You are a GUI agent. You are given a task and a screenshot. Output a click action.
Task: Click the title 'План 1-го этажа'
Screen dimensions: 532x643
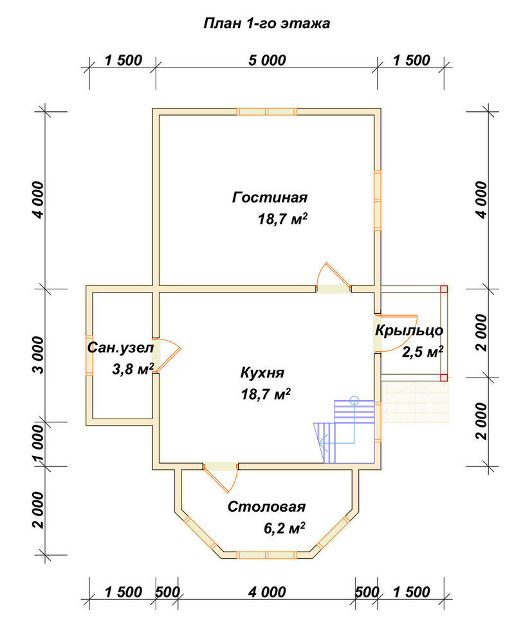[x=266, y=23]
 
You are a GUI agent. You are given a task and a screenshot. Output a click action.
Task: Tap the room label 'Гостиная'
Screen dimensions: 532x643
[x=270, y=197]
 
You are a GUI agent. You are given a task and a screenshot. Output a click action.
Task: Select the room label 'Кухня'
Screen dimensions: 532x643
[x=262, y=373]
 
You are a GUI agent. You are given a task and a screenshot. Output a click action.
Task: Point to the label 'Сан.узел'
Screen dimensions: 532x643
[x=120, y=348]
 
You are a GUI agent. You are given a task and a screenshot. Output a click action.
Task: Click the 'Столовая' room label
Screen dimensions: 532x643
[x=266, y=507]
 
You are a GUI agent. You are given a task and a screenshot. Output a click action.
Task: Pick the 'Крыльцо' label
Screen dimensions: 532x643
[x=409, y=331]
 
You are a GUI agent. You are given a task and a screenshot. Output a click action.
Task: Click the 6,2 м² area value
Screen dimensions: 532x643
[x=284, y=528]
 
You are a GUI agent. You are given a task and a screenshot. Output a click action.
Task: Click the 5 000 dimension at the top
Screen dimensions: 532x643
[x=267, y=60]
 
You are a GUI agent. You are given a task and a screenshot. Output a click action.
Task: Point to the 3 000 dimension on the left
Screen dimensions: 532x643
[x=37, y=355]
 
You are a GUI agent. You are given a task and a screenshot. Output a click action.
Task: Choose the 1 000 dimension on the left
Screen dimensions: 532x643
[x=37, y=444]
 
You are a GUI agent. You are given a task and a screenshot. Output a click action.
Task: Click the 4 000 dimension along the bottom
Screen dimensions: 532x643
[x=267, y=592]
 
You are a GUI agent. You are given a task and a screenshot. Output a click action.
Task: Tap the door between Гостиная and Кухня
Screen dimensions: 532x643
[x=333, y=279]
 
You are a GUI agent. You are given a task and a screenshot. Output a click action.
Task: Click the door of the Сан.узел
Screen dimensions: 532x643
[x=166, y=356]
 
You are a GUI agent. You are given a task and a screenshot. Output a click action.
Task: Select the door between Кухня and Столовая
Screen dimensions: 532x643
[x=221, y=476]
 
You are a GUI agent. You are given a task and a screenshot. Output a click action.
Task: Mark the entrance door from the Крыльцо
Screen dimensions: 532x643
[x=394, y=333]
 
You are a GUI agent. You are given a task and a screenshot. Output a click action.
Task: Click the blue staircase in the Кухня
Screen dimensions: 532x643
[x=345, y=431]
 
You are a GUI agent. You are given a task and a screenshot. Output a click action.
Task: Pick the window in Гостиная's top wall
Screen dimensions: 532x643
[x=266, y=111]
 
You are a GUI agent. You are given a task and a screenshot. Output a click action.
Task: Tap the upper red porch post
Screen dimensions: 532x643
[x=444, y=289]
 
